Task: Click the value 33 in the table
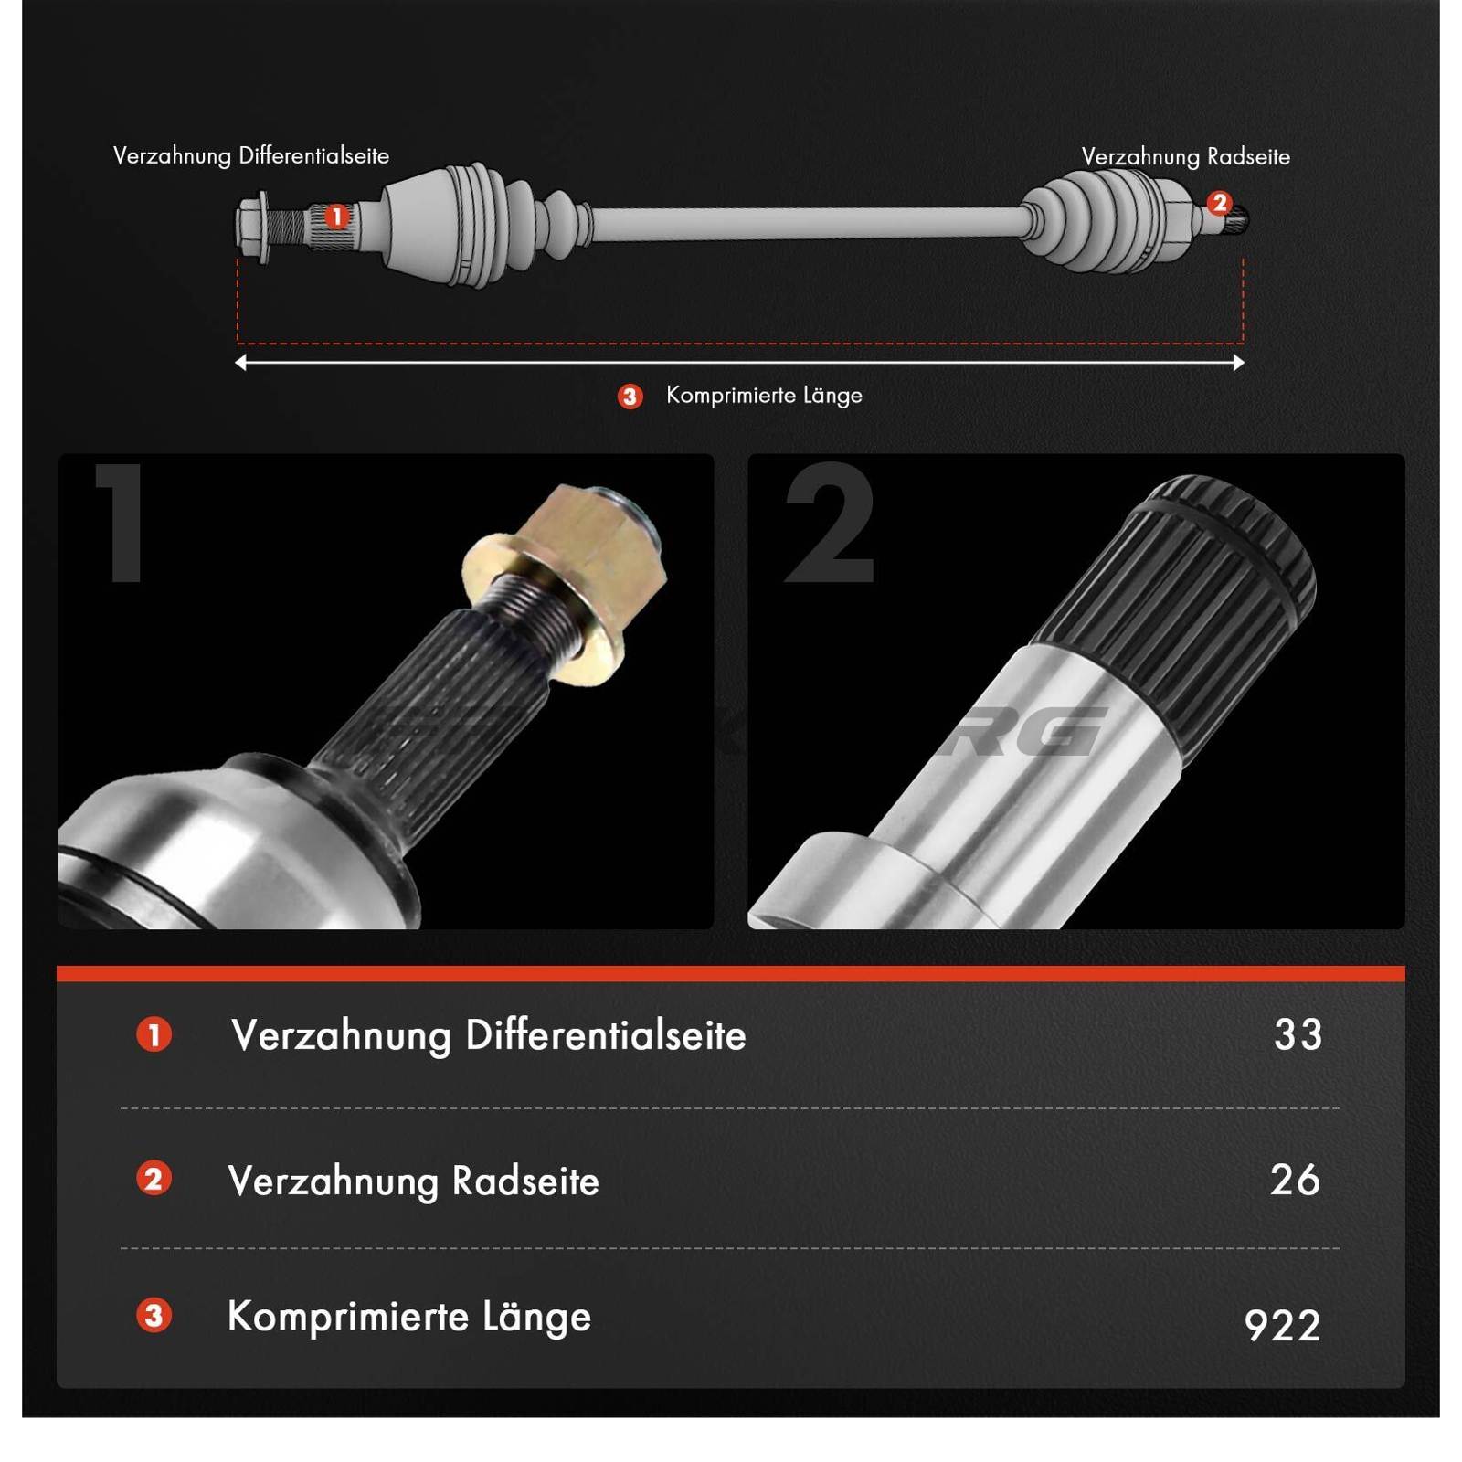(x=1298, y=1035)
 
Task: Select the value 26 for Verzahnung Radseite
(x=1295, y=1180)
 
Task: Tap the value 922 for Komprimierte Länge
(x=1282, y=1326)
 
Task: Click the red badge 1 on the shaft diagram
(x=337, y=217)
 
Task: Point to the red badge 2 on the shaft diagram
(x=1219, y=203)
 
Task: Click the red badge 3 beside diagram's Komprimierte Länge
(x=630, y=397)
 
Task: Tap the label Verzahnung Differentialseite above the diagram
(x=251, y=156)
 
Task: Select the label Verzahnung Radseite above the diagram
(x=1185, y=157)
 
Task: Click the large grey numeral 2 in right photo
(x=830, y=524)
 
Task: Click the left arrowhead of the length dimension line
(x=240, y=363)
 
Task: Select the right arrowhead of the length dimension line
(x=1238, y=363)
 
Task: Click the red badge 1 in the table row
(x=154, y=1035)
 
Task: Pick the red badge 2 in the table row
(x=154, y=1179)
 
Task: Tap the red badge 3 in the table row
(x=154, y=1316)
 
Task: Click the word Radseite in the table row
(x=525, y=1181)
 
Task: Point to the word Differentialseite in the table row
(x=606, y=1036)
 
